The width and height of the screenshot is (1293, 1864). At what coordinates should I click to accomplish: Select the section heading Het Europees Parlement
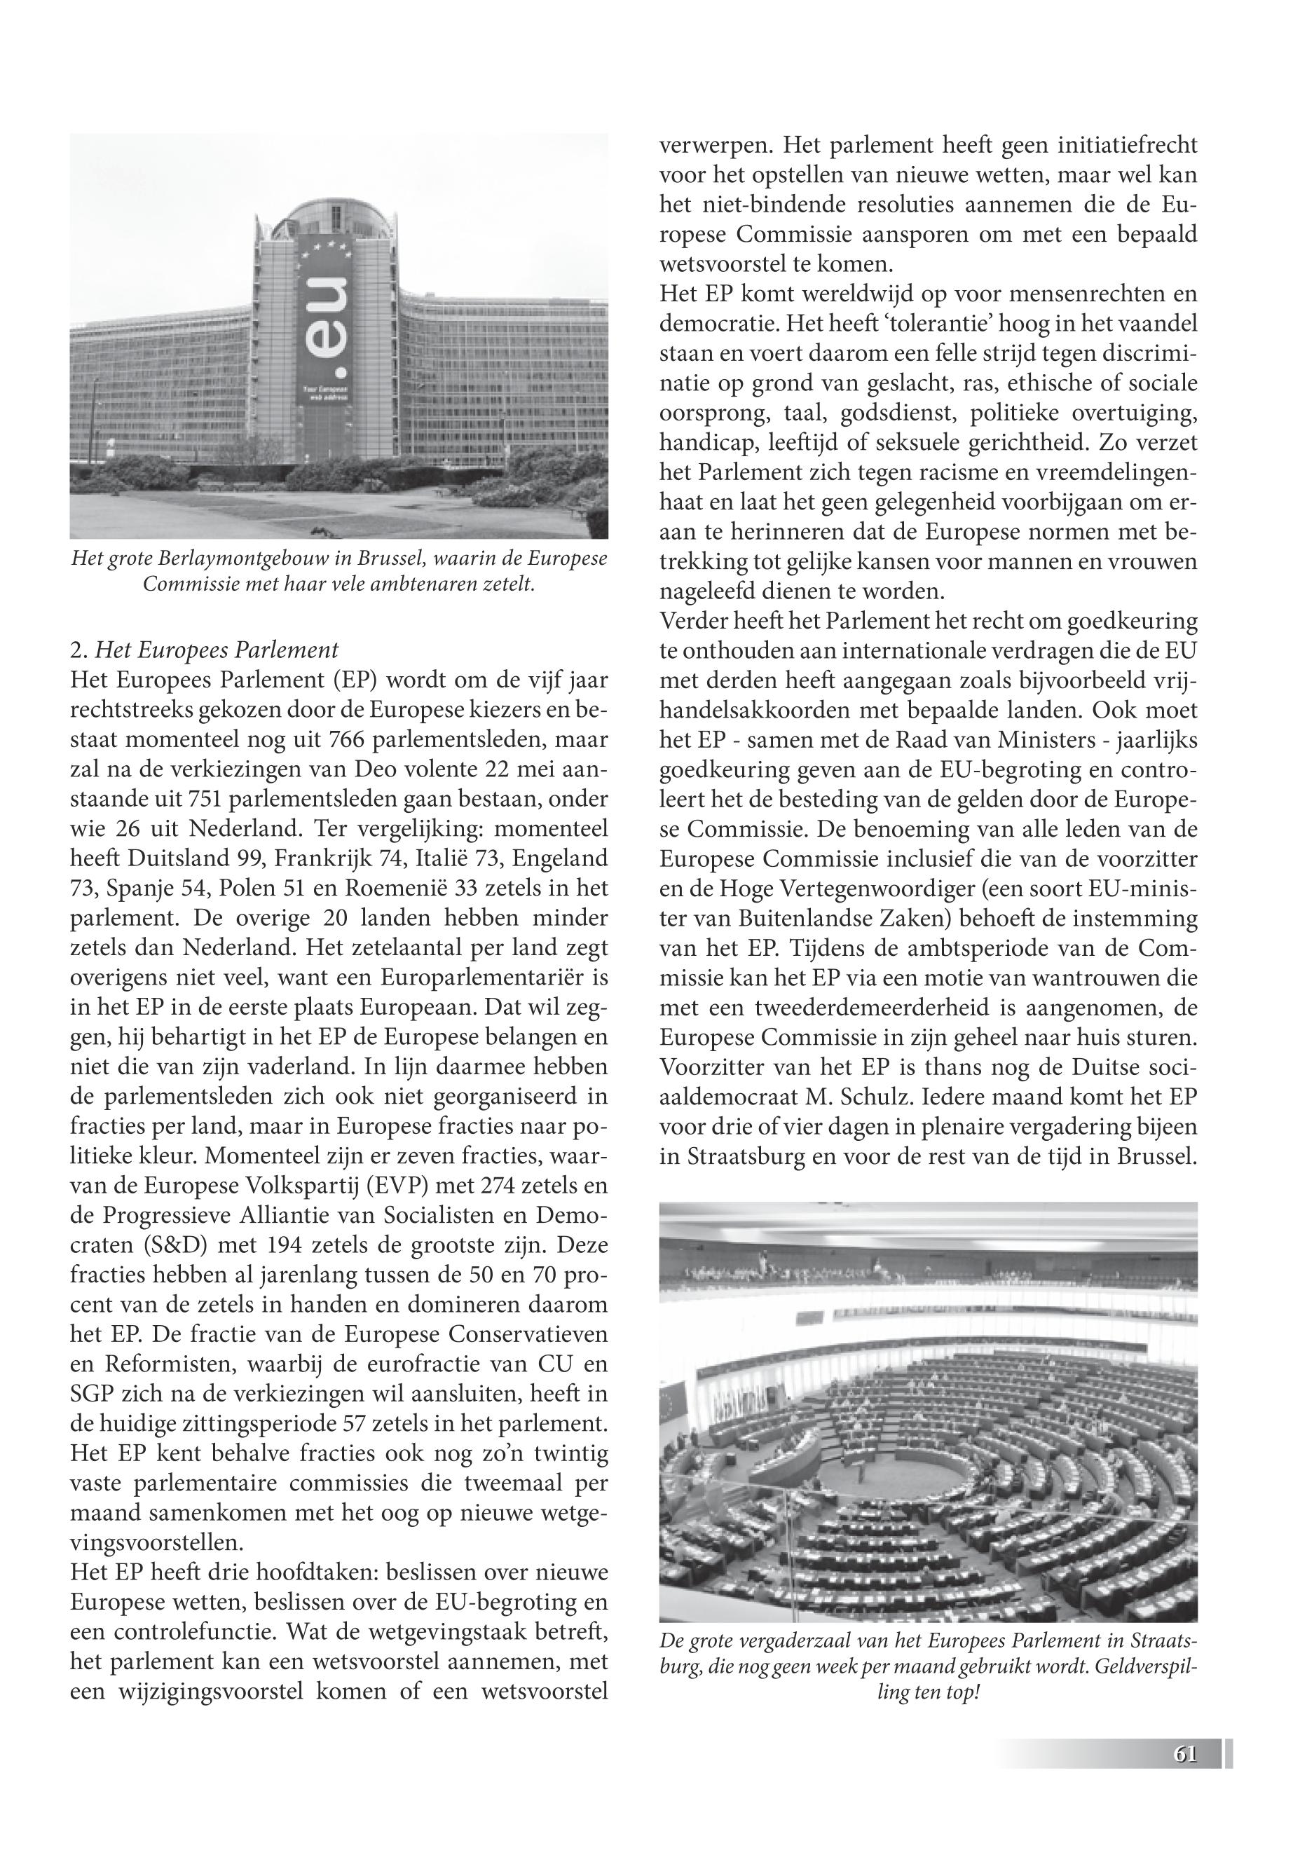[x=217, y=651]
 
